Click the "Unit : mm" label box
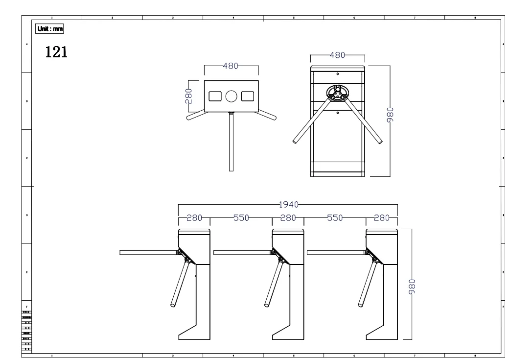click(50, 28)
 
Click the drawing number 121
click(56, 51)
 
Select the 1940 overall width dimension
click(288, 205)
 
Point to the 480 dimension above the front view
click(338, 55)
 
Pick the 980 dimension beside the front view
click(390, 116)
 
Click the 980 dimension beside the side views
click(412, 286)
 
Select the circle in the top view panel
click(231, 96)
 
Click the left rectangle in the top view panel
click(215, 96)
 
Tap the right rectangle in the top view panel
click(248, 96)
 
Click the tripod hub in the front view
click(338, 94)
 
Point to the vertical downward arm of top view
click(231, 142)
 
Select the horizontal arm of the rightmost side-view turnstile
click(336, 253)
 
